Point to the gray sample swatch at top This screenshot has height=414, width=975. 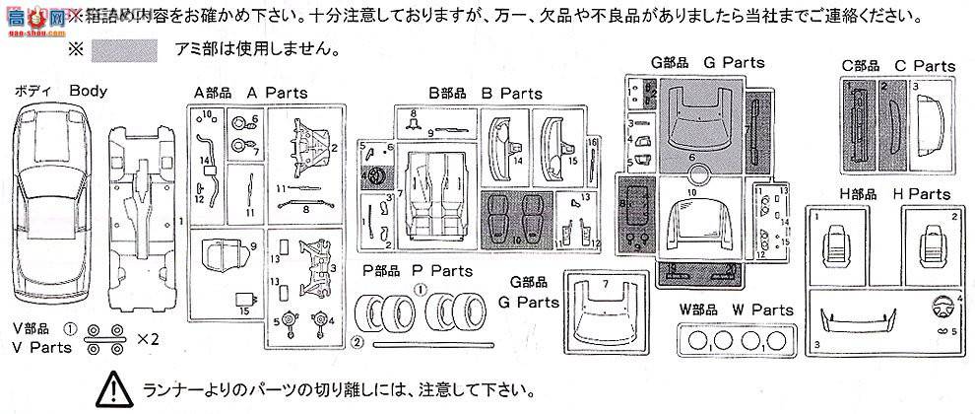pos(117,48)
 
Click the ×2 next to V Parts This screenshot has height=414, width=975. pos(147,338)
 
